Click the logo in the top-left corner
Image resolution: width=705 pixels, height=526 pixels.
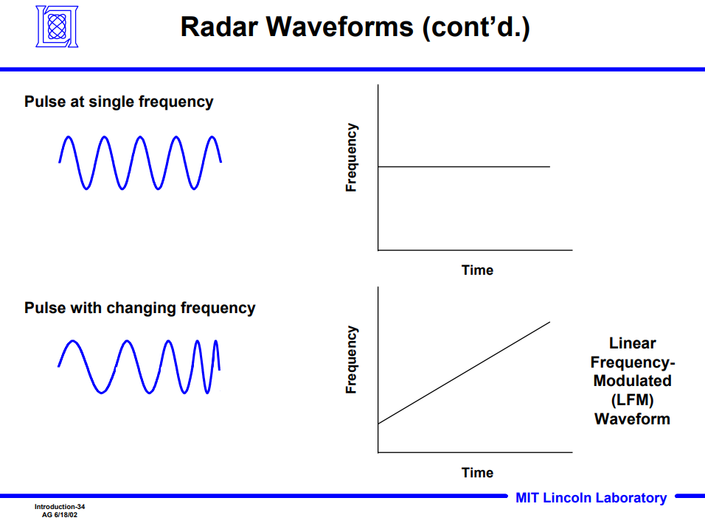pos(57,27)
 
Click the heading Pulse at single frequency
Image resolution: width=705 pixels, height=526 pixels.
pos(119,102)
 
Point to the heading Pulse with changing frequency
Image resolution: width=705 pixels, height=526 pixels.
pos(139,308)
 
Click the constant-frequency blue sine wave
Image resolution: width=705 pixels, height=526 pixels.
pos(140,162)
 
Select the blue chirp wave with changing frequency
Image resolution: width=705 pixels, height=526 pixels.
pos(139,366)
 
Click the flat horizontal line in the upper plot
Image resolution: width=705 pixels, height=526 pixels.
pos(464,167)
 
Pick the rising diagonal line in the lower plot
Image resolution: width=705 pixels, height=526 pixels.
pos(464,373)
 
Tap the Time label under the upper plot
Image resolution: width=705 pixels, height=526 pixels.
pos(477,270)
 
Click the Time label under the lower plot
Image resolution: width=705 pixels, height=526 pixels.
pos(477,473)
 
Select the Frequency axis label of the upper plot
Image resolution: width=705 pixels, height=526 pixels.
pos(352,158)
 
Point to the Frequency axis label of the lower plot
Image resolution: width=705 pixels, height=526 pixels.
pos(352,360)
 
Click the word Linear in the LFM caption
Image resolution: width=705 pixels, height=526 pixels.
pos(632,343)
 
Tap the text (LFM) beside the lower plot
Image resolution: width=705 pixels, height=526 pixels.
pos(632,400)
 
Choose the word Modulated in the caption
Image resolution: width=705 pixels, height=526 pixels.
pos(632,381)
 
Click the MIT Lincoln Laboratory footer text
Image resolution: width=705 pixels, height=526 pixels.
pos(591,498)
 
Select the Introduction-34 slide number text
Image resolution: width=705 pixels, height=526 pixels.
pos(60,507)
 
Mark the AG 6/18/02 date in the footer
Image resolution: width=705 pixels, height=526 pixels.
pos(60,514)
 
